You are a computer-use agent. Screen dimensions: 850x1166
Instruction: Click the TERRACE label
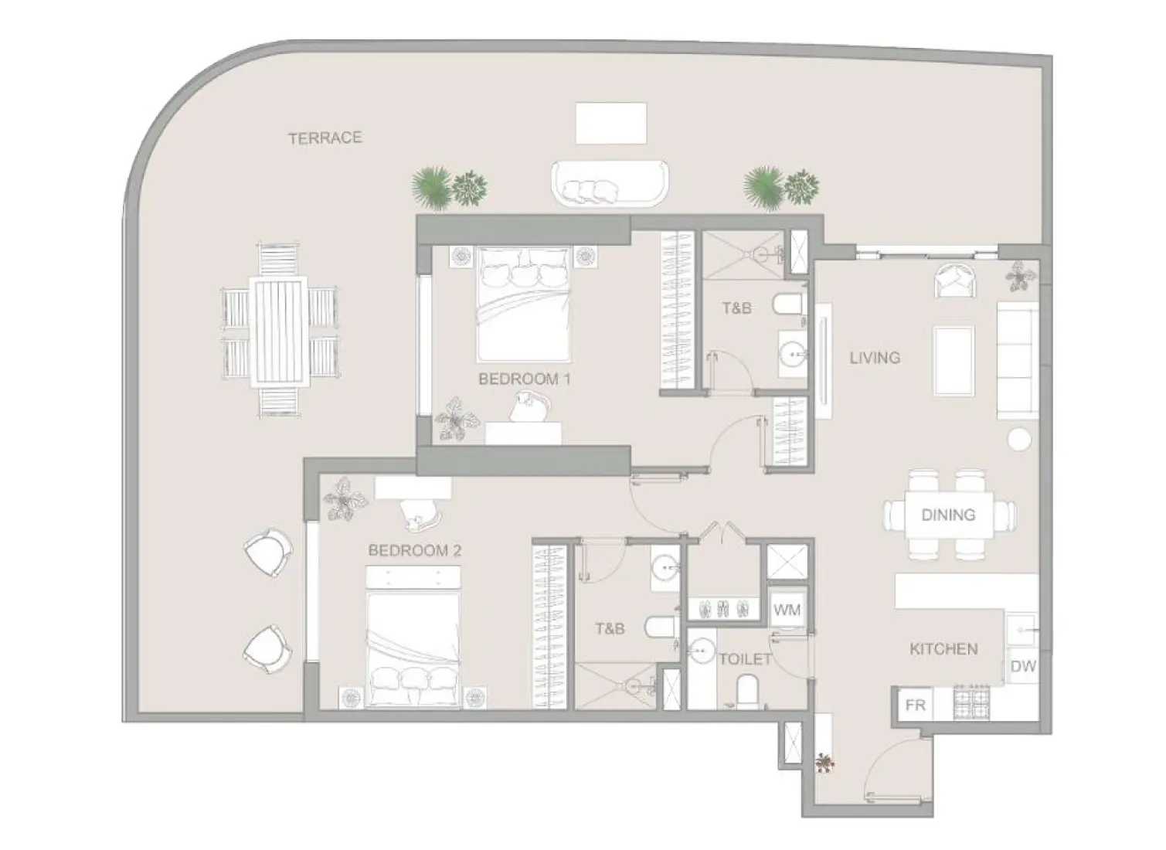[325, 138]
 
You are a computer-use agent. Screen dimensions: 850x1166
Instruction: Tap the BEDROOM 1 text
[524, 379]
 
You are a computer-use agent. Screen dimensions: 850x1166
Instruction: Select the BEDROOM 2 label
[414, 551]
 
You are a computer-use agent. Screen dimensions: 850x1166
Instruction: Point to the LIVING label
[875, 358]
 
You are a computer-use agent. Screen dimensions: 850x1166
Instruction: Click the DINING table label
[948, 515]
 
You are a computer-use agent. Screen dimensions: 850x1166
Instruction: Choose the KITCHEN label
[943, 649]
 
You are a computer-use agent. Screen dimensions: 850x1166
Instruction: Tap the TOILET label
[745, 659]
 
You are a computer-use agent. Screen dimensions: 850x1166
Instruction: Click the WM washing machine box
[787, 610]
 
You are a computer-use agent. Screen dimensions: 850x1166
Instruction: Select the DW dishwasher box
[1022, 666]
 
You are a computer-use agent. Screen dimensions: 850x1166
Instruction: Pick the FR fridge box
[916, 705]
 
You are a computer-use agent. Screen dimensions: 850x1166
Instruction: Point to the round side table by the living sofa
[1019, 440]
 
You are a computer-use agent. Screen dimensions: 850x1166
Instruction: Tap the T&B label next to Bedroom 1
[736, 308]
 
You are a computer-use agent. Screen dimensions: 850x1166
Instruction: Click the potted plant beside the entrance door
[825, 763]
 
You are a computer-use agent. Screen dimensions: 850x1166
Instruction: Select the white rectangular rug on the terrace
[610, 123]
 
